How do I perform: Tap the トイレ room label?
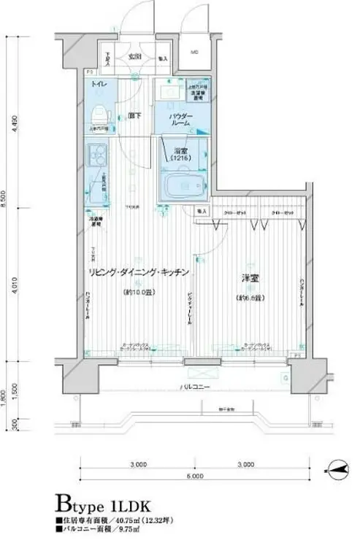coord(96,85)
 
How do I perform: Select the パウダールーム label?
coord(180,120)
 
